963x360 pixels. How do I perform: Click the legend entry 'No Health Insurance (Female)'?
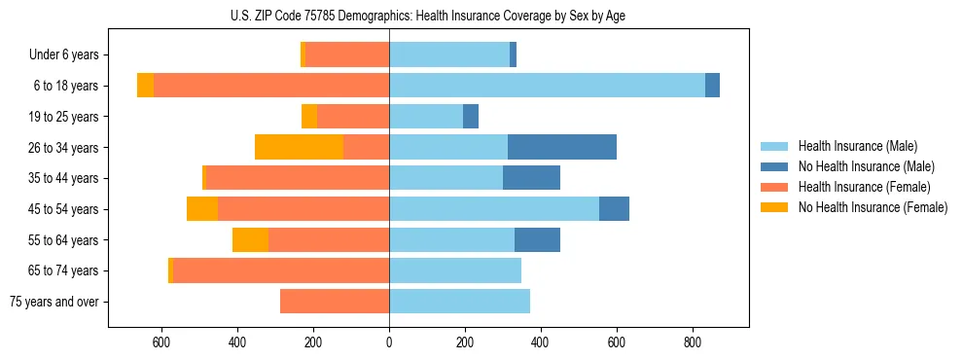point(873,207)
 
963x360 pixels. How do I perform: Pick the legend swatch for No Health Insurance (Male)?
point(774,166)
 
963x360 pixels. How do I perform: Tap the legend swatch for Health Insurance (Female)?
point(774,187)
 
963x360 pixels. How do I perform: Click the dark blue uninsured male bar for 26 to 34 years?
point(562,147)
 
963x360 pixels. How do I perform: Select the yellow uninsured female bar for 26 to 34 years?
point(299,147)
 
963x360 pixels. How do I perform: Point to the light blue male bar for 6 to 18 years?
point(547,86)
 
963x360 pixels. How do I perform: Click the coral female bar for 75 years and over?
point(335,302)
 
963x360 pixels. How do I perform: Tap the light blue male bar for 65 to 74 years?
point(455,270)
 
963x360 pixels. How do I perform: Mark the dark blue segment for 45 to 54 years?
point(614,209)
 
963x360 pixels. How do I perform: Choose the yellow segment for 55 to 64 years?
point(250,239)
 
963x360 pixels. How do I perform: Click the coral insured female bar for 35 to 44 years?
point(298,178)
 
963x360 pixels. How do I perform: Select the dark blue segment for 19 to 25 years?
point(471,117)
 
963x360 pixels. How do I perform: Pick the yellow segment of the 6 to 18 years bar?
point(145,86)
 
